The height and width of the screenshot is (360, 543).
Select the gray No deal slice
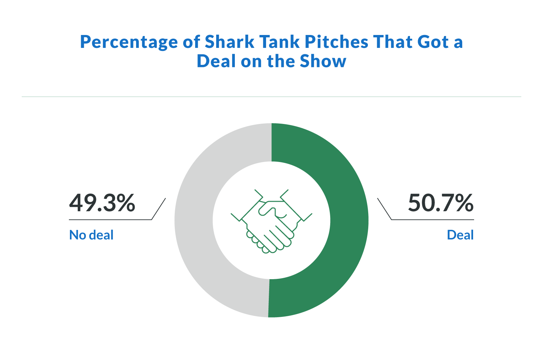(194, 221)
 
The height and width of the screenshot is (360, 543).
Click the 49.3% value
(102, 203)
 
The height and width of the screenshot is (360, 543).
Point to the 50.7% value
(441, 203)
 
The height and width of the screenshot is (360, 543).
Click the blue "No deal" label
(91, 235)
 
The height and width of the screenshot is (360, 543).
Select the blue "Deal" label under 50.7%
(460, 235)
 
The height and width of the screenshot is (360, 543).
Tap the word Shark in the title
(229, 42)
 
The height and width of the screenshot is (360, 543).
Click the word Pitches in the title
(336, 42)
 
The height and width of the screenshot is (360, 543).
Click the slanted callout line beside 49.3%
(158, 209)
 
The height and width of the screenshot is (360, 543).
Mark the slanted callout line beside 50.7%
(385, 209)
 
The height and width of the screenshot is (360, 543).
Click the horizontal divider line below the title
(271, 97)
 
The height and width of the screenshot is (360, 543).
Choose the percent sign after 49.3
(126, 203)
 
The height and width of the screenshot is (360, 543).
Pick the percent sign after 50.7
(464, 203)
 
